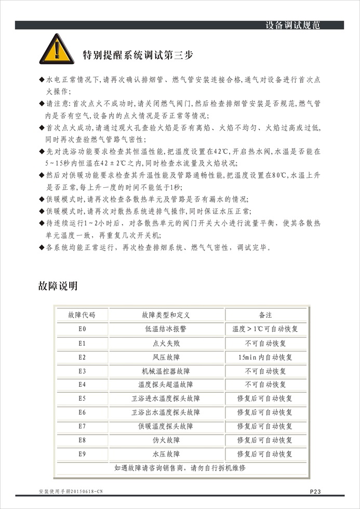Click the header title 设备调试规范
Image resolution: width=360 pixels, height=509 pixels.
(292, 25)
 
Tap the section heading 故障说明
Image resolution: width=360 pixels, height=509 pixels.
(58, 285)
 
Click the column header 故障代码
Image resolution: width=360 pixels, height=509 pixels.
(82, 315)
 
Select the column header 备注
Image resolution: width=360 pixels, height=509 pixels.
(265, 315)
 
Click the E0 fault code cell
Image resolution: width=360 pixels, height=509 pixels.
(82, 329)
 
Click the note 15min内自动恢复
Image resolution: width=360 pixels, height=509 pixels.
(265, 357)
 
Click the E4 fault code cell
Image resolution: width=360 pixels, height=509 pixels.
(82, 385)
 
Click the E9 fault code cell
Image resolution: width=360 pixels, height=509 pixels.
(82, 454)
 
